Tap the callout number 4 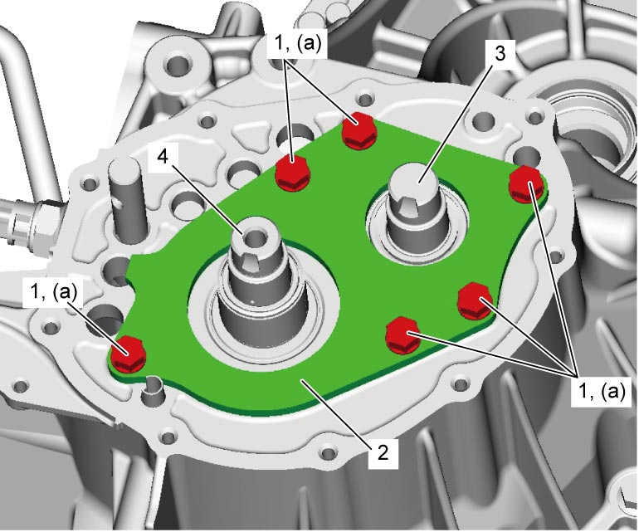tap(163, 156)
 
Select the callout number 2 tap(383, 452)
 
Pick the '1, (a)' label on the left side tap(53, 293)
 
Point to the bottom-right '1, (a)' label tap(601, 392)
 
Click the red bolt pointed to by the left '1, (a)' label tap(128, 354)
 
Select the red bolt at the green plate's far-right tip tap(527, 185)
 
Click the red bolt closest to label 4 tap(293, 173)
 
